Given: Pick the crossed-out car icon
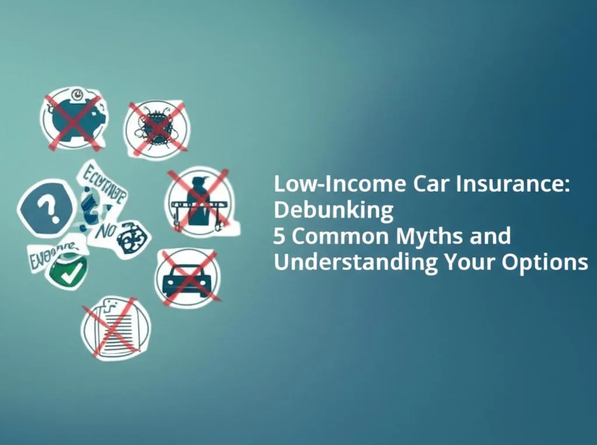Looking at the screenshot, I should pos(187,277).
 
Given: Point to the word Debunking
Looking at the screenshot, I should pos(333,210).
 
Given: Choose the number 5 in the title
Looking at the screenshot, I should pos(281,236).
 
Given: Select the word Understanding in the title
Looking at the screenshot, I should pos(356,263).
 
